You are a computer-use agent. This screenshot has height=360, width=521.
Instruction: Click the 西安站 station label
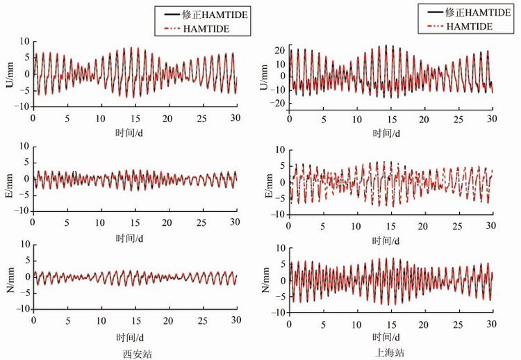(x=136, y=353)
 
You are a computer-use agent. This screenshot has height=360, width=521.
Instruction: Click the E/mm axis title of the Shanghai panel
(x=266, y=182)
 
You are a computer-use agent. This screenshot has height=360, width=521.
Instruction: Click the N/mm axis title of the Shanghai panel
(x=266, y=280)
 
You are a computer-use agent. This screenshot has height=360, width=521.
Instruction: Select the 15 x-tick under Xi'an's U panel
(x=135, y=117)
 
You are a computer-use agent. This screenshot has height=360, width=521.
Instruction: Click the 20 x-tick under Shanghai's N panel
(x=424, y=324)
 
